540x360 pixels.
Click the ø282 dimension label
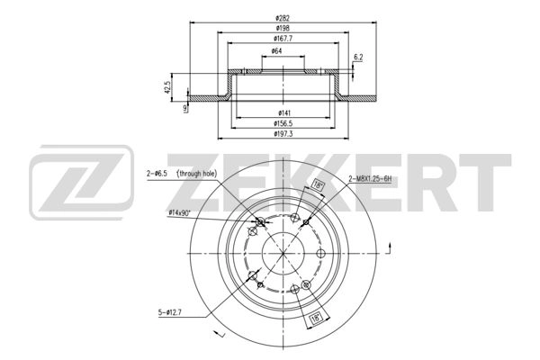click(283, 18)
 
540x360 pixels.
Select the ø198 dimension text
click(283, 28)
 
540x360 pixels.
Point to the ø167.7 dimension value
click(283, 39)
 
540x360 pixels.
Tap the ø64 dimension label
click(276, 51)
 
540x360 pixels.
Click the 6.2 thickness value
click(358, 57)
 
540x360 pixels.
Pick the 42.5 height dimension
click(167, 87)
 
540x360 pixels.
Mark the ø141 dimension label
click(283, 112)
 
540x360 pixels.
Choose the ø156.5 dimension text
click(283, 123)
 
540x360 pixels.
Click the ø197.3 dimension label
click(283, 134)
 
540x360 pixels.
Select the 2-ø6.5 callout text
click(157, 174)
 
